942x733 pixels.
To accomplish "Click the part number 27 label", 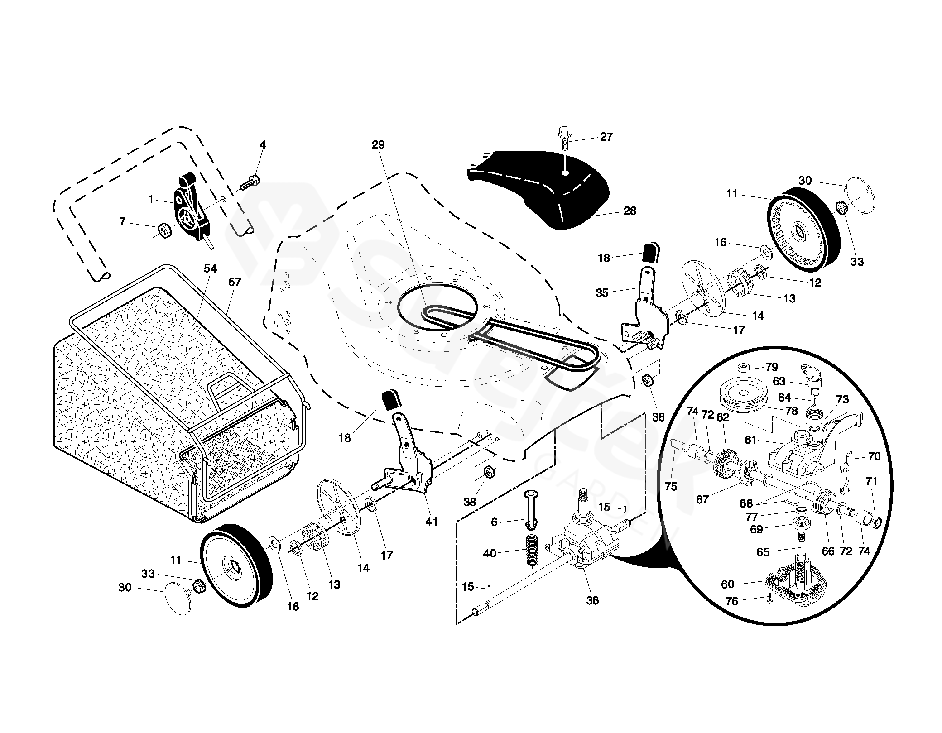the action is tap(606, 137).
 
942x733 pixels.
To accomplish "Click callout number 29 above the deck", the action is tap(378, 145).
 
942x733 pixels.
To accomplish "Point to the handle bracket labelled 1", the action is tap(190, 208).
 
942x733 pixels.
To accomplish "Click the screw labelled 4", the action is tap(248, 183).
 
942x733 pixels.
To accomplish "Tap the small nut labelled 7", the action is tap(163, 231).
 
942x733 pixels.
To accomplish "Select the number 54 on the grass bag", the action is tap(210, 268).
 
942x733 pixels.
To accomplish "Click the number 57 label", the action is tap(235, 282).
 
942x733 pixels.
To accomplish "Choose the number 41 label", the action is tap(431, 522).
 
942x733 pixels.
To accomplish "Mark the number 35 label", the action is tap(602, 293).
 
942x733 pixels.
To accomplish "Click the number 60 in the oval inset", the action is tap(728, 584).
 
